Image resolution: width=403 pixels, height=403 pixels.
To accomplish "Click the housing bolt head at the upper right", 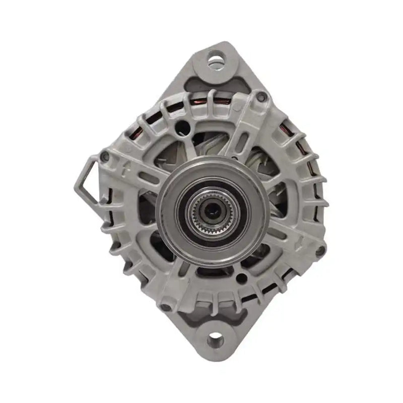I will [260, 97].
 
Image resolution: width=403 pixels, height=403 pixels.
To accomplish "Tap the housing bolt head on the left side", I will [105, 157].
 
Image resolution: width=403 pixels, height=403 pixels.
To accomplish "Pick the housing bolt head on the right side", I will [319, 250].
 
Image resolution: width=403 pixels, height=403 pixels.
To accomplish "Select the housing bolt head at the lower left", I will [165, 306].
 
